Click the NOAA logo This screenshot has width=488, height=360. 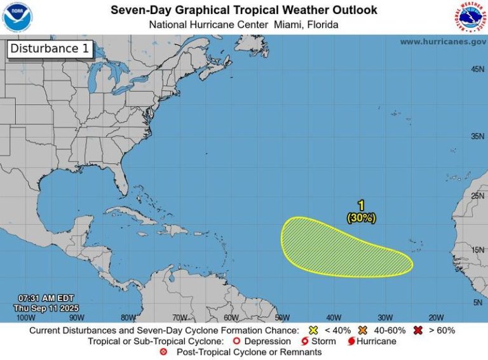[17, 17]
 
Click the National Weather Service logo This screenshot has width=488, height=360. [470, 17]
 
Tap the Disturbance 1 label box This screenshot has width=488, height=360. [50, 50]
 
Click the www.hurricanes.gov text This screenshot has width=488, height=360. [443, 41]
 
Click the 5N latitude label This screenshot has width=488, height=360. [478, 303]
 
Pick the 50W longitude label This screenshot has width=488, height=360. [282, 317]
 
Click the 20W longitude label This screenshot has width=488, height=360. [436, 317]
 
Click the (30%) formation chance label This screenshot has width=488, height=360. [361, 218]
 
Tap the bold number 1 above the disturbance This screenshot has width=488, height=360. [361, 206]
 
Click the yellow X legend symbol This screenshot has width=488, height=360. [312, 330]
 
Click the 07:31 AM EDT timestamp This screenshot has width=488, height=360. [46, 298]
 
